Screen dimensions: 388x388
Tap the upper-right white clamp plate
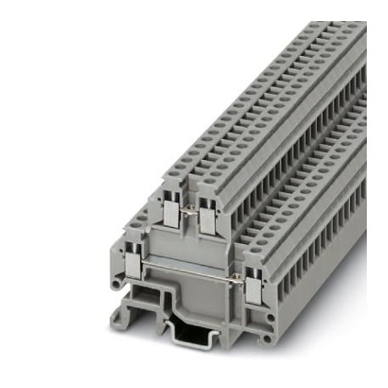tap(206, 219)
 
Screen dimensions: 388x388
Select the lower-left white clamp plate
tap(134, 268)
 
